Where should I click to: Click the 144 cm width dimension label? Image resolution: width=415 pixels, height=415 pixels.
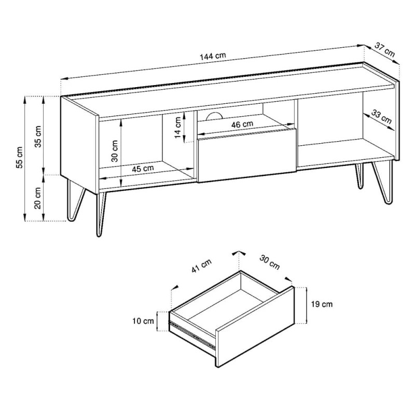click(213, 56)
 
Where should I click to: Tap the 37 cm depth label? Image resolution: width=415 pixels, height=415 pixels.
click(384, 50)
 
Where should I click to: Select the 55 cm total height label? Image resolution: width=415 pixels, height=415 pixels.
click(19, 157)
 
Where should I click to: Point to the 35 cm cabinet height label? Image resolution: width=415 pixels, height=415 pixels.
click(38, 136)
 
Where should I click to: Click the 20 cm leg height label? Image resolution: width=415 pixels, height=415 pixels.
click(38, 198)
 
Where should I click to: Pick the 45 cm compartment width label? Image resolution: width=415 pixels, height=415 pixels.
click(143, 169)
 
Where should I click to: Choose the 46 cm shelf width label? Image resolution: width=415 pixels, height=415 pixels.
click(242, 124)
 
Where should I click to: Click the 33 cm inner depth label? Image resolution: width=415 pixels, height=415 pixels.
click(381, 117)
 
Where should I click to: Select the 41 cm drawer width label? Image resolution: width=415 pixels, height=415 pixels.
click(201, 266)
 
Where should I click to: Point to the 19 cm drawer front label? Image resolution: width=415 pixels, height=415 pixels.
click(322, 305)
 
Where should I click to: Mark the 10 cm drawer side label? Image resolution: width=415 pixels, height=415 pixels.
click(143, 321)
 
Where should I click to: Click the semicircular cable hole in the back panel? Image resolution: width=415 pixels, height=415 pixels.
click(214, 116)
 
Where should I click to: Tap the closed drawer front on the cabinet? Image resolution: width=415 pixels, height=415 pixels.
click(247, 155)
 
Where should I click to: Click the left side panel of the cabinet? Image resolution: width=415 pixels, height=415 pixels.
click(80, 144)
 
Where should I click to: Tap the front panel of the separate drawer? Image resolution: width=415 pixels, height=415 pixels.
click(255, 326)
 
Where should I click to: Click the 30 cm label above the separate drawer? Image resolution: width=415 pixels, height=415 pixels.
click(269, 262)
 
